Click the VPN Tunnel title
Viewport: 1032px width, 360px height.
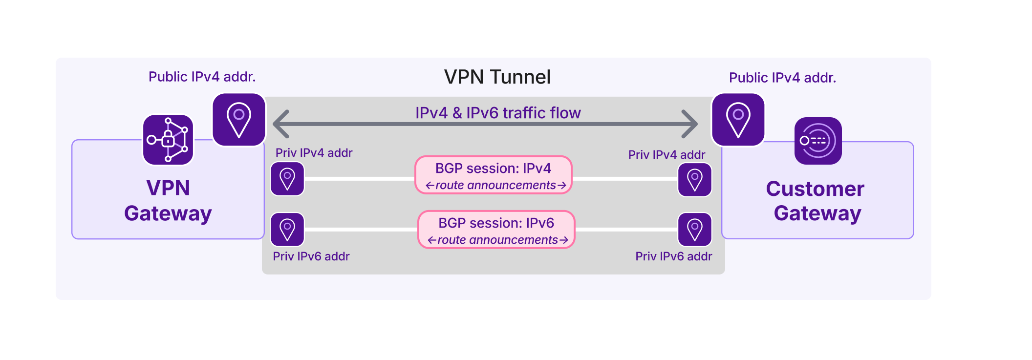[497, 77]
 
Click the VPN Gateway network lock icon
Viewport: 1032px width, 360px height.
[168, 140]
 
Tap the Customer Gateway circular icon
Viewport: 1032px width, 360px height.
[818, 141]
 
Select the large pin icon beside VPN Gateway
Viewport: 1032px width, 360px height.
[239, 120]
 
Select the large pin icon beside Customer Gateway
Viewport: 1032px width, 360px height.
[738, 120]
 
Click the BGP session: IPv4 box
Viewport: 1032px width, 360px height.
[494, 175]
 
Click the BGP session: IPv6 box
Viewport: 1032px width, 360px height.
[496, 230]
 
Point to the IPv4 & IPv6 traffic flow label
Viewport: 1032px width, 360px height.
[498, 113]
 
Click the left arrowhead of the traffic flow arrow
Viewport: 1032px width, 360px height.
[281, 124]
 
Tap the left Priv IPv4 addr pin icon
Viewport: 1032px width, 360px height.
[287, 179]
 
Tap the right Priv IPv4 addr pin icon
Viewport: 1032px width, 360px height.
[695, 180]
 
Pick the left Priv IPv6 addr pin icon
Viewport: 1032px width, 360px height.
[287, 230]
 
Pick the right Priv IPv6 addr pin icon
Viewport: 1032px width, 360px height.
[695, 230]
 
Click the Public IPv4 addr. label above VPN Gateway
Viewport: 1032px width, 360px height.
[202, 77]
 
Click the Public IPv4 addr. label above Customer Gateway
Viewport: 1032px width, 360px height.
[782, 78]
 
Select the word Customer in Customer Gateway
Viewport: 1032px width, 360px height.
[815, 189]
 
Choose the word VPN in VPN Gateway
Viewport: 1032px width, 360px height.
[168, 188]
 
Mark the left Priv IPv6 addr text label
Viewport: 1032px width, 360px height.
[311, 256]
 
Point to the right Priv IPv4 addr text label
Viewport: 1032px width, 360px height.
[666, 155]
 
